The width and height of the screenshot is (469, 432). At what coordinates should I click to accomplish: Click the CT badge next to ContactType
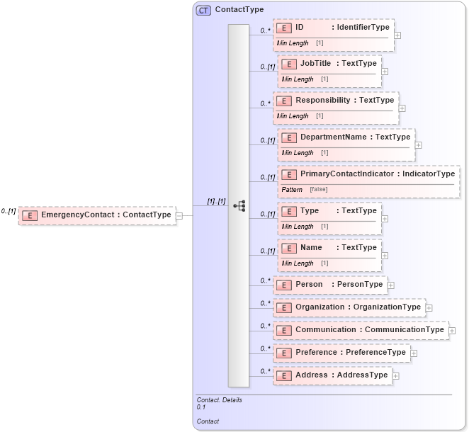click(204, 10)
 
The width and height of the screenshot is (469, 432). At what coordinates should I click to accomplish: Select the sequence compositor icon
click(239, 205)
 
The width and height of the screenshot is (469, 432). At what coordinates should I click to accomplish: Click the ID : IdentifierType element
click(334, 28)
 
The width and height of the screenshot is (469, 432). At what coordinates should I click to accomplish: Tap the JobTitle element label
click(315, 64)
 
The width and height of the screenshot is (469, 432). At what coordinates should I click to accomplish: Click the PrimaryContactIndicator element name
click(346, 174)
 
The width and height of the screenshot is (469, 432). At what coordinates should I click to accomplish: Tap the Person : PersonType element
click(330, 285)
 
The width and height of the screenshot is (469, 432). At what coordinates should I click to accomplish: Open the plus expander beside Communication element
click(452, 331)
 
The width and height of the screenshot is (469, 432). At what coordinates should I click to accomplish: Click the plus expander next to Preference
click(414, 353)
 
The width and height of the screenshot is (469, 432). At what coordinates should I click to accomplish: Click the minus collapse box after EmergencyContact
click(179, 215)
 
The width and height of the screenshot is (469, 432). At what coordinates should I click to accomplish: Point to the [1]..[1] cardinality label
click(216, 201)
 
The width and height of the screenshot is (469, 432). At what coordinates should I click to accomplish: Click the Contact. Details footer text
click(219, 400)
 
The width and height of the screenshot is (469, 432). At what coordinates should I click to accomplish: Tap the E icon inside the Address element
click(283, 375)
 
